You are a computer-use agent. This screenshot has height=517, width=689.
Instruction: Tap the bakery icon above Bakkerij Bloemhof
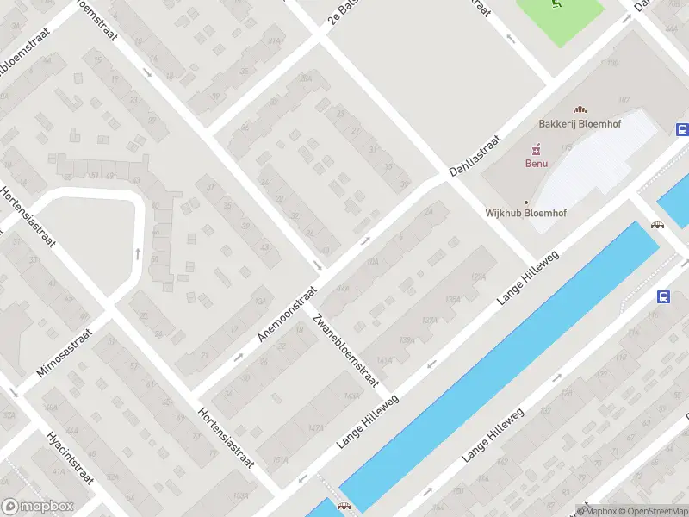[x=580, y=110]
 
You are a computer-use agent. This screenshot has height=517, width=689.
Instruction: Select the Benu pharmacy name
[x=537, y=162]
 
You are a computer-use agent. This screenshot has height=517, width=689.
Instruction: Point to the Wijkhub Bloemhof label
[x=518, y=211]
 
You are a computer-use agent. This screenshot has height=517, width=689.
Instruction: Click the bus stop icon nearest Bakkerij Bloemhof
[x=682, y=130]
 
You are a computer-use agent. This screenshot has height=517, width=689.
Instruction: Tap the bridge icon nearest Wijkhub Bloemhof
[x=658, y=225]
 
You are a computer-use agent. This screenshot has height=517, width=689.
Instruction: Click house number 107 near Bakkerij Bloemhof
[x=624, y=99]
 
